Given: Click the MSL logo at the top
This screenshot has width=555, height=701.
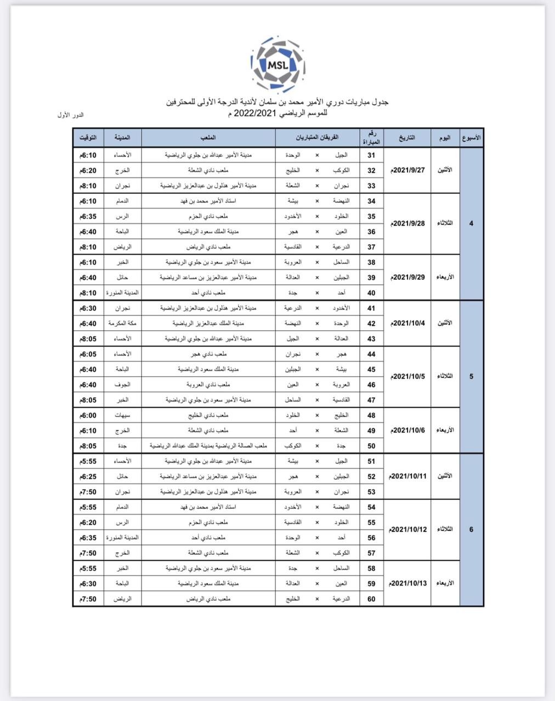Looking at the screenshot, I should [x=277, y=64].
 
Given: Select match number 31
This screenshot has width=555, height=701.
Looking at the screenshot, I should [x=371, y=156].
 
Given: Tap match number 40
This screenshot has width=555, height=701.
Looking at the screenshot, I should [x=371, y=293].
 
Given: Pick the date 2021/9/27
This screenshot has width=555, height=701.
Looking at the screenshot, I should [x=409, y=170].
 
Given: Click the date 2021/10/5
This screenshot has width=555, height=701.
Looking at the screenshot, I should [x=409, y=377].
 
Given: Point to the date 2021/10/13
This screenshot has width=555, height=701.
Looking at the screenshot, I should [x=409, y=584].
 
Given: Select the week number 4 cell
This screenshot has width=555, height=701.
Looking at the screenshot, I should [x=471, y=223].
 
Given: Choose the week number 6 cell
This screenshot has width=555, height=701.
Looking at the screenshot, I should [x=471, y=530].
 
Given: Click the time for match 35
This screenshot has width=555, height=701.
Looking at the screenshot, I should [x=88, y=216].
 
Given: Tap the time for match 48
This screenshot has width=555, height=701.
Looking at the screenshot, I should [x=88, y=416].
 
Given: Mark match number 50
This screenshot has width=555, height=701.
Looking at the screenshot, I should [x=371, y=446].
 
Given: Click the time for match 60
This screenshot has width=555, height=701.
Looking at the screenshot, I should [x=88, y=599].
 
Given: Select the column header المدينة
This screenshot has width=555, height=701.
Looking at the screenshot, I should [x=122, y=137].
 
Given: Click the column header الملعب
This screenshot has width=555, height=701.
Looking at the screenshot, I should [x=208, y=137].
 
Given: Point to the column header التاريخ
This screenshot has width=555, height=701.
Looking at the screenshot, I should [x=407, y=137].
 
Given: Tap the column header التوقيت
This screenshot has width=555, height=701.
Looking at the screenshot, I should [x=88, y=137].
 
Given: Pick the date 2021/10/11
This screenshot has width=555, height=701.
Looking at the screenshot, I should [x=409, y=476].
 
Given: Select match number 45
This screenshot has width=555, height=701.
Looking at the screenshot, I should [x=371, y=370].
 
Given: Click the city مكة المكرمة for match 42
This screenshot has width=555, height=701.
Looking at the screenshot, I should [x=122, y=324].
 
